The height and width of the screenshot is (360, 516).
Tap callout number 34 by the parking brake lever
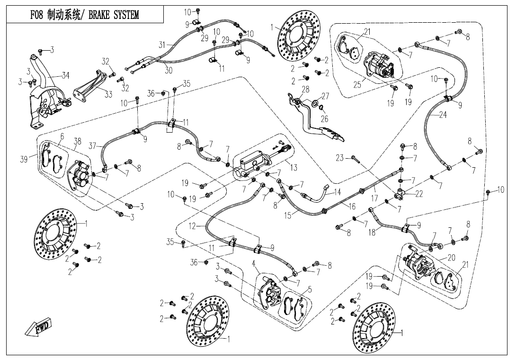tap(66, 75)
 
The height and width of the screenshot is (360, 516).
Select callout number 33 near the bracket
tap(108, 94)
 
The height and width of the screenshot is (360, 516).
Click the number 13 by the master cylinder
tap(294, 167)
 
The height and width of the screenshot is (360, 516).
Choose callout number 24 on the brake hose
tap(443, 115)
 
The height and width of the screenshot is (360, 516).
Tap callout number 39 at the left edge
tap(24, 159)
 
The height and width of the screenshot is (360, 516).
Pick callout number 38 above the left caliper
tap(78, 141)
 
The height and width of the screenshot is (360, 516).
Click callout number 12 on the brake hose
tap(192, 226)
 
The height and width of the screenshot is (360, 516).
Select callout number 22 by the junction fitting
tap(419, 194)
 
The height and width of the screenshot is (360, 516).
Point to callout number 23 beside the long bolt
tap(339, 158)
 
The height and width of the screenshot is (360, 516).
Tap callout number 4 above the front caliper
tap(254, 263)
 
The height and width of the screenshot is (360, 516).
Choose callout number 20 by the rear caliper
tap(451, 258)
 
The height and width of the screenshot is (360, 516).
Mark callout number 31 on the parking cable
tap(162, 45)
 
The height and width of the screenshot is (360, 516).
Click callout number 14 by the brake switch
tap(337, 192)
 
